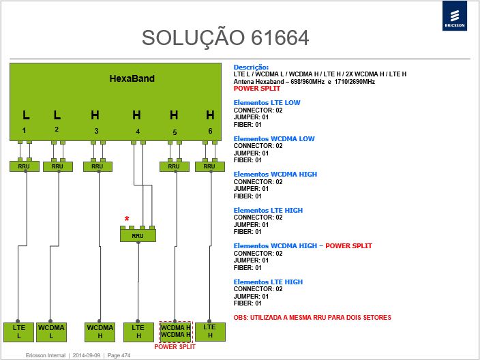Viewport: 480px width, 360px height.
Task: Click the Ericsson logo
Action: [x=455, y=16]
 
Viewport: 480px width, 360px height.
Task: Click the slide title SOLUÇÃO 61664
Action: [x=225, y=38]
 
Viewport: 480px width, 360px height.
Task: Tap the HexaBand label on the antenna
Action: [x=132, y=78]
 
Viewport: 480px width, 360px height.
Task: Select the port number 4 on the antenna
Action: [x=138, y=132]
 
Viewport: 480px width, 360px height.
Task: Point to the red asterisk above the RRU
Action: [x=127, y=219]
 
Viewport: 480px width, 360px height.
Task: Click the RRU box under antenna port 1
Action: [x=24, y=166]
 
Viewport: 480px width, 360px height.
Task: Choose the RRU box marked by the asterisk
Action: [x=138, y=235]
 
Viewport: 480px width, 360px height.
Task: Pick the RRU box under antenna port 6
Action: [x=210, y=166]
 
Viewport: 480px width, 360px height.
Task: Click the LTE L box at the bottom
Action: [x=18, y=332]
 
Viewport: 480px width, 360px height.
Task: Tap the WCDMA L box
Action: [x=51, y=332]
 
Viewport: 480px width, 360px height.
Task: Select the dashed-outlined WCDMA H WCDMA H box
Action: [x=176, y=331]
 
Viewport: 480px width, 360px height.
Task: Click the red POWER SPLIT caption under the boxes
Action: [x=175, y=347]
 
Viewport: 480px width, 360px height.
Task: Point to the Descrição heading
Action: [x=251, y=67]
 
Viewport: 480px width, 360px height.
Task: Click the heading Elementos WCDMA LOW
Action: [x=274, y=138]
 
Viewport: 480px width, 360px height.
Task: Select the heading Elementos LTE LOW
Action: [x=267, y=103]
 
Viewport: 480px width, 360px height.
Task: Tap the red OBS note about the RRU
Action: [x=312, y=318]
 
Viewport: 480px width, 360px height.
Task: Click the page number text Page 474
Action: [x=119, y=355]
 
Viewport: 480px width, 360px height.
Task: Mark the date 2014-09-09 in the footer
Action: [x=87, y=355]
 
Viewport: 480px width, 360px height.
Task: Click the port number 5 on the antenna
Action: [x=175, y=132]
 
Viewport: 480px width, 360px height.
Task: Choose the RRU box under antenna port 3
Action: [x=97, y=166]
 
